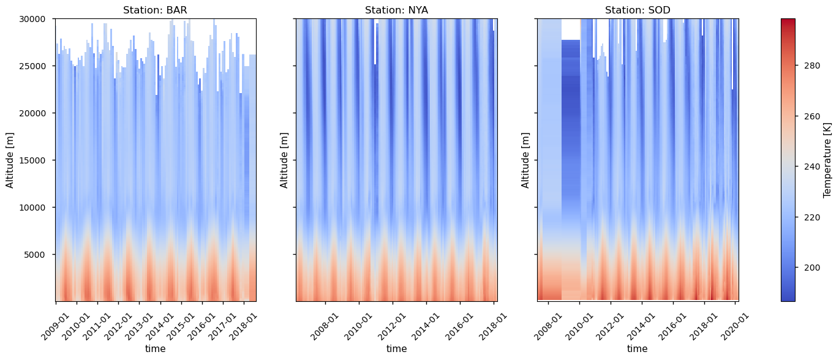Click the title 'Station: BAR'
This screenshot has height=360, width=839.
[155, 10]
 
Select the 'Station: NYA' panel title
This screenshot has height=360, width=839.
[396, 10]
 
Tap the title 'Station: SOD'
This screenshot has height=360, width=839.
[638, 10]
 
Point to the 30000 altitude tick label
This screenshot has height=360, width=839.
[35, 19]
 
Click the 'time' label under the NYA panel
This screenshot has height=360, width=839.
[396, 349]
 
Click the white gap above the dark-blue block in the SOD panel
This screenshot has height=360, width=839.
[571, 29]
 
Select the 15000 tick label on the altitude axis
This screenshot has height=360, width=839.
[35, 160]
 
